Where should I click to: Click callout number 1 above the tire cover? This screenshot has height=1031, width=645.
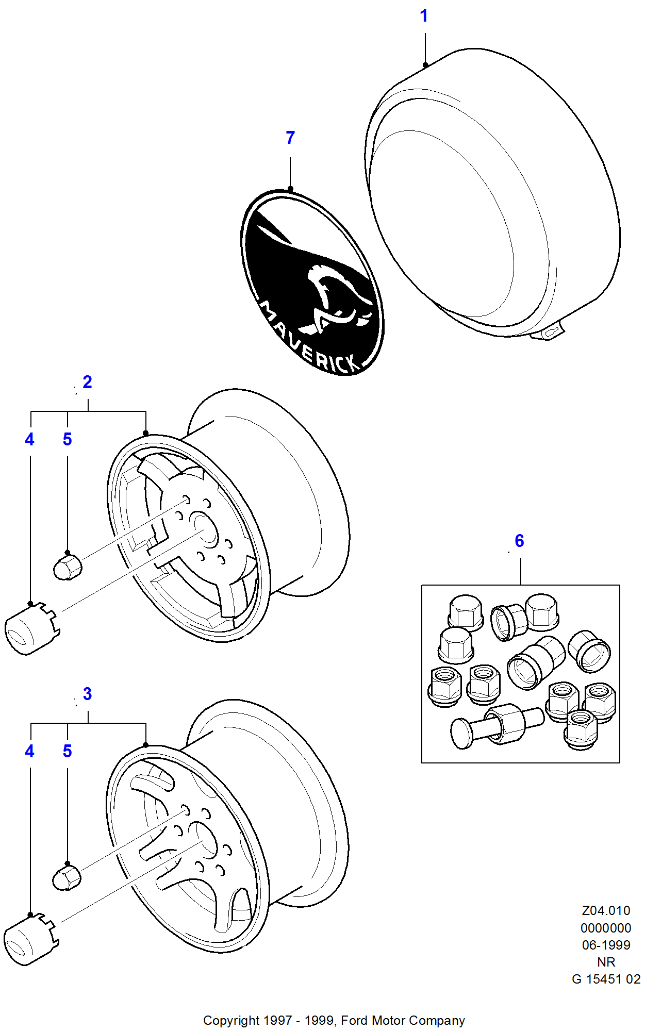coord(424,16)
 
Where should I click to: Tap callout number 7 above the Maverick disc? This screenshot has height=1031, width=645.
coord(290,138)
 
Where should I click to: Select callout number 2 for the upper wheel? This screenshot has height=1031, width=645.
coord(87,382)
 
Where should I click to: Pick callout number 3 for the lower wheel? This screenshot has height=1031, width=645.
coord(87,694)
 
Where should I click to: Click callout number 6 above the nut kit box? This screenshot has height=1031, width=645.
coord(519,541)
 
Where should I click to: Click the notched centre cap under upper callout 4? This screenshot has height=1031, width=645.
coord(31,628)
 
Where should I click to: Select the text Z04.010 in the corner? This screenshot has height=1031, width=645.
coord(606,911)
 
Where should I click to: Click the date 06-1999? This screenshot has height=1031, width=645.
coord(606,945)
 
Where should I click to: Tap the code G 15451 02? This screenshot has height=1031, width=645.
coord(606,979)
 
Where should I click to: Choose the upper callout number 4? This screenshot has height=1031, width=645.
coord(30,440)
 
